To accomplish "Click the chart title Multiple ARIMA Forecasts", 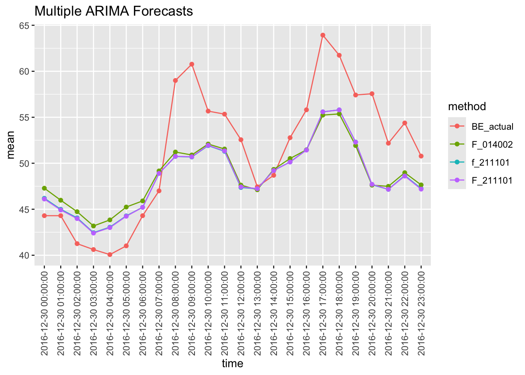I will coord(114,11).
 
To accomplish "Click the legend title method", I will coord(467,106).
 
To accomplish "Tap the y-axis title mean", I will coord(11,145).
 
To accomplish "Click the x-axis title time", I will coord(232,364).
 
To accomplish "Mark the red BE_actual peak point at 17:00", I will coord(323,35).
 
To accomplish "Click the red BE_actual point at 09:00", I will coord(192,64).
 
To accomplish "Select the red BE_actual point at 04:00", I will coord(110,255).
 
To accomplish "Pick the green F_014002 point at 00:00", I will coord(45,188).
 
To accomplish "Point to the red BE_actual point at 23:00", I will coord(421,156).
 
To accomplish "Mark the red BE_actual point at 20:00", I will coord(372,94).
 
